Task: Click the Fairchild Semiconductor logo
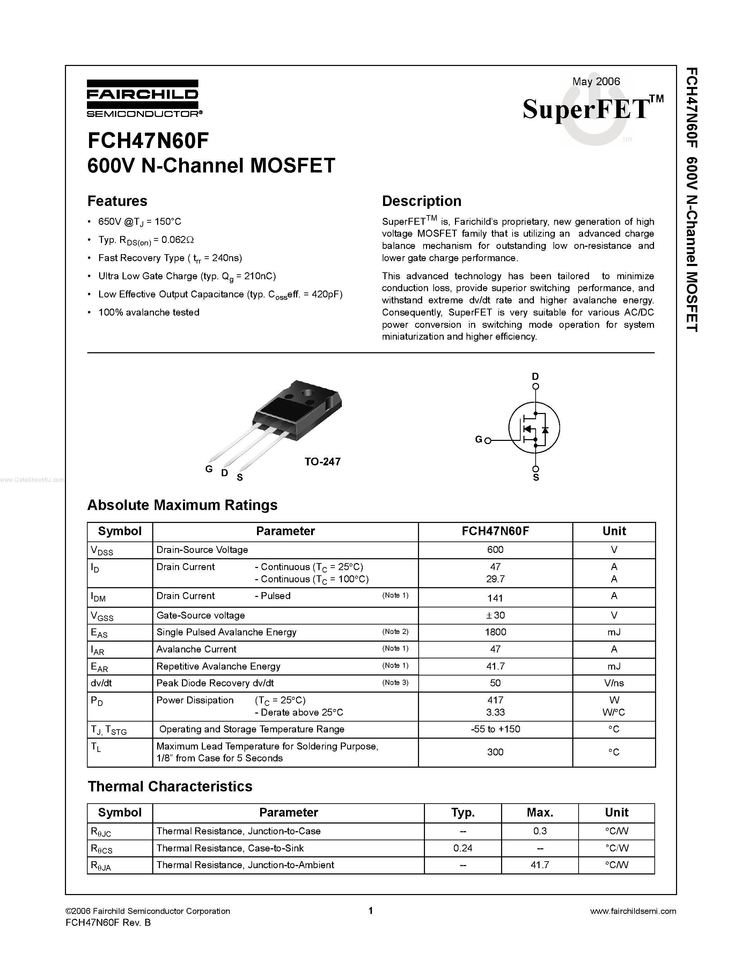(143, 98)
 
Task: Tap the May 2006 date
(596, 81)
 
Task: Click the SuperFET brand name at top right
(587, 109)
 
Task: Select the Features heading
(117, 201)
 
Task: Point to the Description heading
(421, 201)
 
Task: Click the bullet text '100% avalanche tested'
(149, 312)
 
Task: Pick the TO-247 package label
(323, 461)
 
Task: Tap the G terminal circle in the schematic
(487, 440)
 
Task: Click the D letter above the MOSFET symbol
(535, 376)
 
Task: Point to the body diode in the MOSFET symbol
(545, 429)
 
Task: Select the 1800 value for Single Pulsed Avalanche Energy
(495, 632)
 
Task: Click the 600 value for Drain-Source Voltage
(495, 550)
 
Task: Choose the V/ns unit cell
(614, 683)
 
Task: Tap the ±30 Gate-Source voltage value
(495, 615)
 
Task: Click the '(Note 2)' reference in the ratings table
(395, 632)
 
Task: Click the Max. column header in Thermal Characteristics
(540, 812)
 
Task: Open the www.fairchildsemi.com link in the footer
(633, 911)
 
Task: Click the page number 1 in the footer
(370, 911)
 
